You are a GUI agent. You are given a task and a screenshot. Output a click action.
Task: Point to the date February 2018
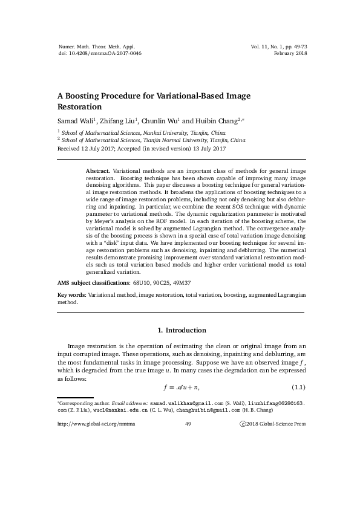pyautogui.click(x=291, y=54)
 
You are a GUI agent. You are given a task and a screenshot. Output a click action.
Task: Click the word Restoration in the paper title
pyautogui.click(x=79, y=106)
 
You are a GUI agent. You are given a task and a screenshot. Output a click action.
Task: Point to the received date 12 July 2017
pyautogui.click(x=99, y=148)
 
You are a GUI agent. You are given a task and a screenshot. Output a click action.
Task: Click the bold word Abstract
pyautogui.click(x=98, y=172)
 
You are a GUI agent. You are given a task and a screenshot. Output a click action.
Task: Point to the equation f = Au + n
pyautogui.click(x=182, y=387)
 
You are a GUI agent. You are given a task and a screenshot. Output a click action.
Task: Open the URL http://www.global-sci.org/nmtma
pyautogui.click(x=96, y=424)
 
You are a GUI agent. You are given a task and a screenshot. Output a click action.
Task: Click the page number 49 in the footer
pyautogui.click(x=187, y=424)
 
